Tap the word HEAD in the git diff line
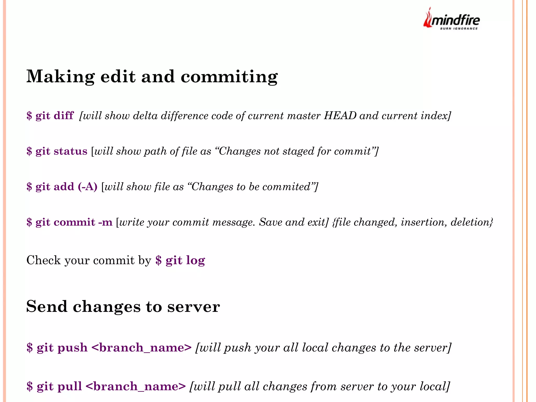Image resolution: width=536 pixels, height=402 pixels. tap(340, 116)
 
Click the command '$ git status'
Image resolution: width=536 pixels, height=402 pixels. tap(57, 151)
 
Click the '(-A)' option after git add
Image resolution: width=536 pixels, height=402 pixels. tap(87, 187)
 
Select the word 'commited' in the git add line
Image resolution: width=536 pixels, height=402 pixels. tap(286, 187)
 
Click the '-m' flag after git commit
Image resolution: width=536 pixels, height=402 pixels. tap(105, 222)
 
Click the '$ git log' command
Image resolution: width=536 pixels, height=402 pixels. tap(180, 260)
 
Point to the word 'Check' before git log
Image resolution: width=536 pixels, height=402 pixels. tap(43, 260)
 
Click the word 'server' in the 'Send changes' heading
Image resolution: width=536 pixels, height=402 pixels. tap(193, 307)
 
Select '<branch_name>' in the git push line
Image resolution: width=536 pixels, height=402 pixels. tap(142, 348)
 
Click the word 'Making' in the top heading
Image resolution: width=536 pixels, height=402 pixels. tap(60, 77)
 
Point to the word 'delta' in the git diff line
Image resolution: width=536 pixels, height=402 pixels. tap(145, 116)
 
